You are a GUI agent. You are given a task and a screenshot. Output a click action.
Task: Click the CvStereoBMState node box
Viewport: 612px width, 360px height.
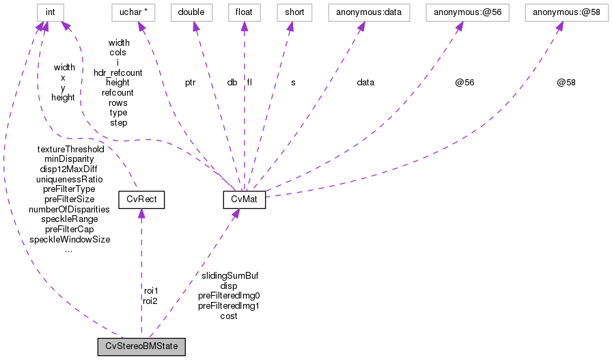(141, 346)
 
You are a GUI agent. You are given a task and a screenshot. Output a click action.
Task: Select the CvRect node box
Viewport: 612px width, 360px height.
(141, 199)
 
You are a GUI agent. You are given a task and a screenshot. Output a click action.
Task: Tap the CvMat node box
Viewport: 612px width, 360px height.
(244, 199)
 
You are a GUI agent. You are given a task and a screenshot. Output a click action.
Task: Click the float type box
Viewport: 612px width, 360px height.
(244, 12)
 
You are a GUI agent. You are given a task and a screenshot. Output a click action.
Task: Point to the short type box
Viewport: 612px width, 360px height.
(291, 12)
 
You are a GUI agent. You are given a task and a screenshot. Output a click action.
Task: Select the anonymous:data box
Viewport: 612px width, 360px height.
(365, 12)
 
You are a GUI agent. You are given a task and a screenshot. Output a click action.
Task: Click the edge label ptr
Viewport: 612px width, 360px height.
(190, 83)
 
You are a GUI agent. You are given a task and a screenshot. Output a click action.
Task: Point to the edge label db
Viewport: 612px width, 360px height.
(232, 83)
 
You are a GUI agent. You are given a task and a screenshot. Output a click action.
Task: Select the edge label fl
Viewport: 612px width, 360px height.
(250, 83)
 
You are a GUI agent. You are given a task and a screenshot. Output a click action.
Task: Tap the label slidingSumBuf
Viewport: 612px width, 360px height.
(229, 275)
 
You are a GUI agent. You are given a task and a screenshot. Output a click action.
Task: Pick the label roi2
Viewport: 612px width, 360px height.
(150, 301)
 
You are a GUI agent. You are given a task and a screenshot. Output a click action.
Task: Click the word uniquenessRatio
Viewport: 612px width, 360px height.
(69, 179)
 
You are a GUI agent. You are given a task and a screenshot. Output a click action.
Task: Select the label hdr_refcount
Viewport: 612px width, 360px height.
(118, 72)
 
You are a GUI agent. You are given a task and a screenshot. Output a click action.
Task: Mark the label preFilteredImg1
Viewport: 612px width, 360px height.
(229, 306)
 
